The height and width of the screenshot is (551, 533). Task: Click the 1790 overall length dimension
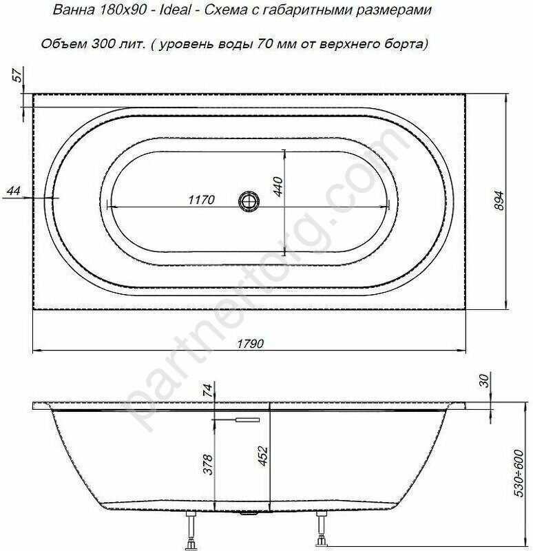coord(250,343)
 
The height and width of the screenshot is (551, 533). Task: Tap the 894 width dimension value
coord(499,200)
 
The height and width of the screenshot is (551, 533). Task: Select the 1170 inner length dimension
coord(201,200)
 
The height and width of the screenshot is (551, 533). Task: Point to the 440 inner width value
coord(278,187)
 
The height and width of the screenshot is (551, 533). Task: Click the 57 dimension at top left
coord(18,76)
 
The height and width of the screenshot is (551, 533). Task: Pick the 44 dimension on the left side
coord(14,191)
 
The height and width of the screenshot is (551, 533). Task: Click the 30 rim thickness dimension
coord(484,381)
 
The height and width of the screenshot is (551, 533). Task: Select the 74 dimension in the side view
coord(208,391)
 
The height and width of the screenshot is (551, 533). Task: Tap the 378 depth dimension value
coord(209,464)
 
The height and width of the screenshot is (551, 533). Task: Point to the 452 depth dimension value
coord(263,456)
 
